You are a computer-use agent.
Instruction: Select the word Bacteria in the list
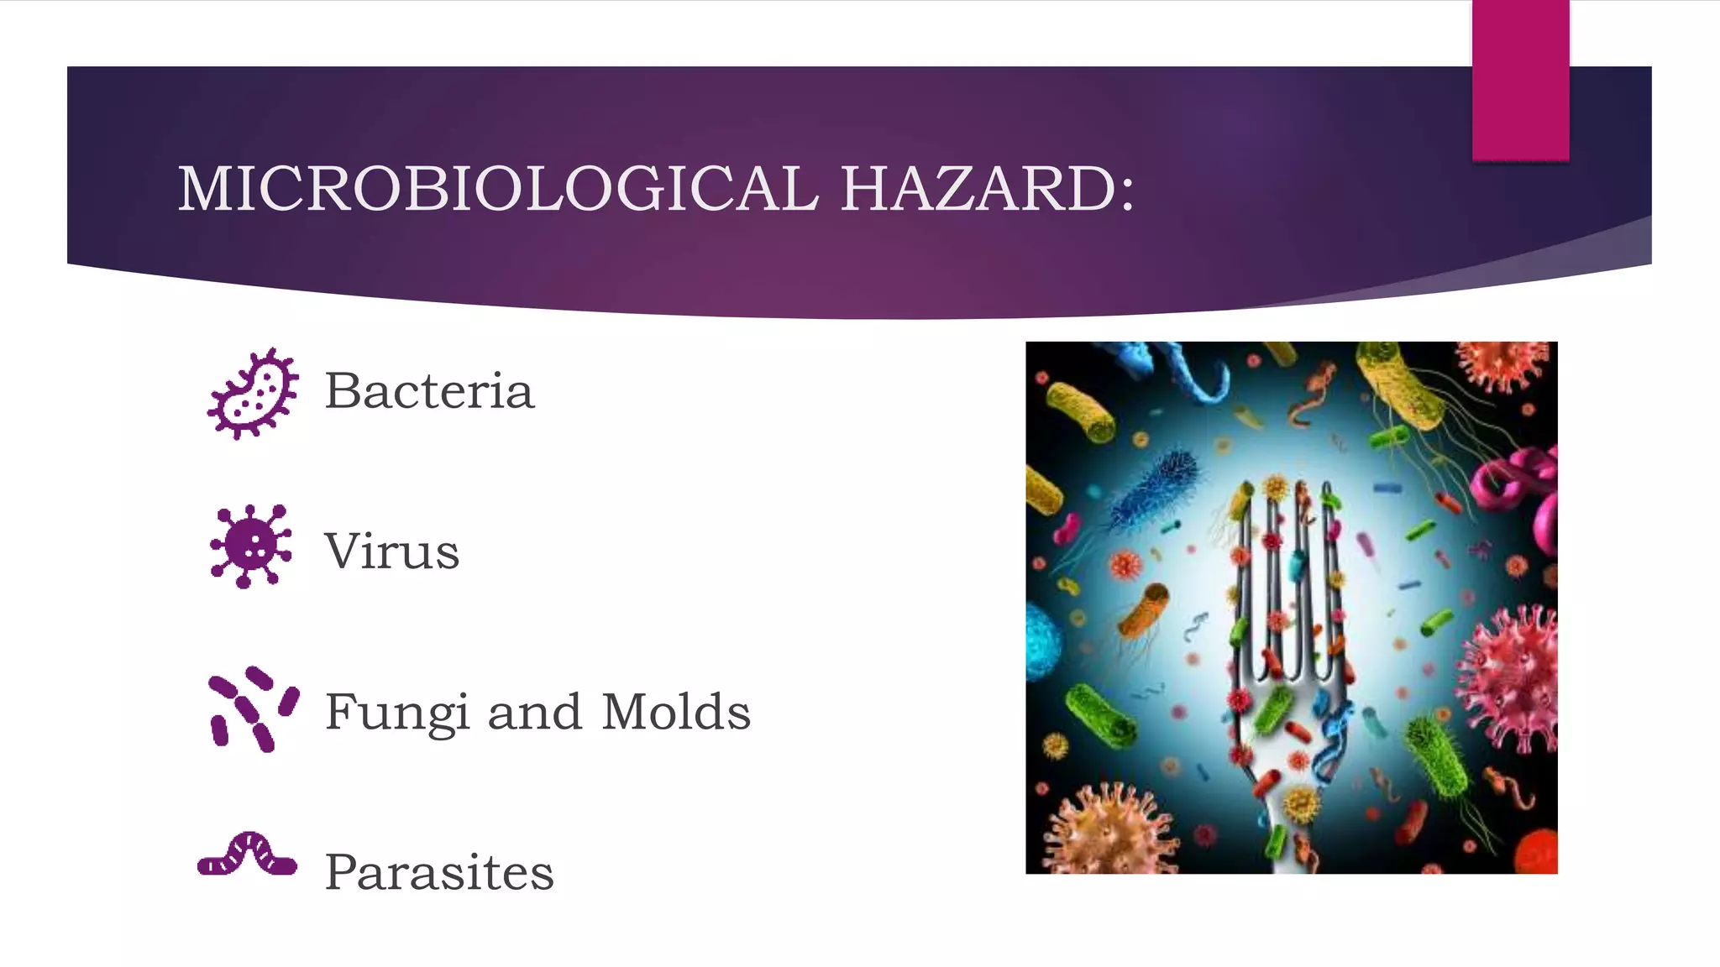coord(429,391)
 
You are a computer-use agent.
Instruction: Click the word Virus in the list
coord(392,551)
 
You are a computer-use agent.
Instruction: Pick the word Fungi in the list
coord(396,713)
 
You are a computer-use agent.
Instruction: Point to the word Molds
coord(676,712)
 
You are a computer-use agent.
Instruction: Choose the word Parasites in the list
coord(439,872)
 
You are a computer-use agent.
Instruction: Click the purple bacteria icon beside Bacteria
coord(253,394)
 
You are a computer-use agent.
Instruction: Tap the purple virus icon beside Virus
coord(250,546)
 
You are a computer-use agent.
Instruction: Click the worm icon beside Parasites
coord(247,855)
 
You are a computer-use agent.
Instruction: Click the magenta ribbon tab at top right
coord(1520,81)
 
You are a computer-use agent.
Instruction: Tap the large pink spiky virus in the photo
coord(1512,672)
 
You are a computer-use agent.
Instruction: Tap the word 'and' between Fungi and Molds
coord(534,712)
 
